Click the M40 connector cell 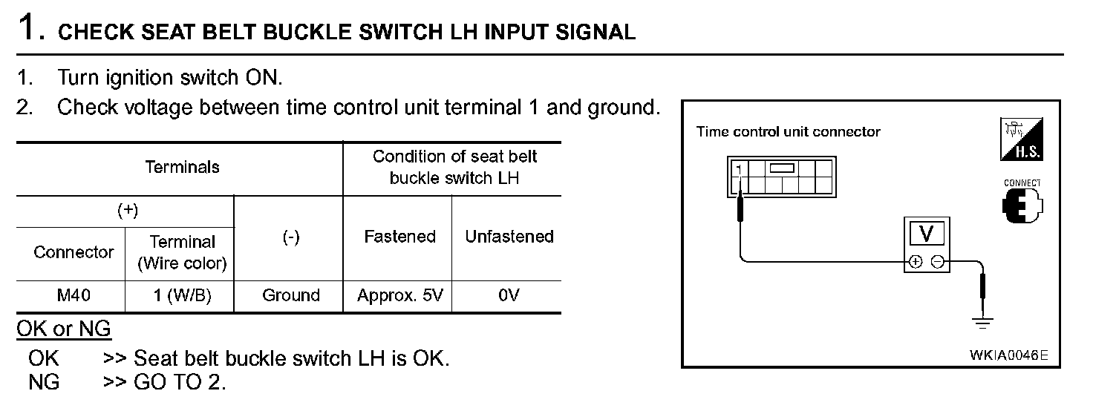coord(73,296)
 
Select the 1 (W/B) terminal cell coord(182,296)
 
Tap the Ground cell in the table coord(290,296)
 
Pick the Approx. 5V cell coord(399,296)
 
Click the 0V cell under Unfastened coord(509,296)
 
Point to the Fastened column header coord(399,237)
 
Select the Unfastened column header coord(509,237)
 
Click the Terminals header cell coord(182,168)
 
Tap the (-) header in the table coord(290,237)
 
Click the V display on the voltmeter coord(927,234)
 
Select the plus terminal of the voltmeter coord(916,261)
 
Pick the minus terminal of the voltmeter coord(937,261)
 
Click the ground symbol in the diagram coord(983,323)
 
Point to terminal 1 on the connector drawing coord(739,169)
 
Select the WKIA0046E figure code coord(1008,355)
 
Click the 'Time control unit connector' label coord(788,132)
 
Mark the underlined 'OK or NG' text coord(64,329)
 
